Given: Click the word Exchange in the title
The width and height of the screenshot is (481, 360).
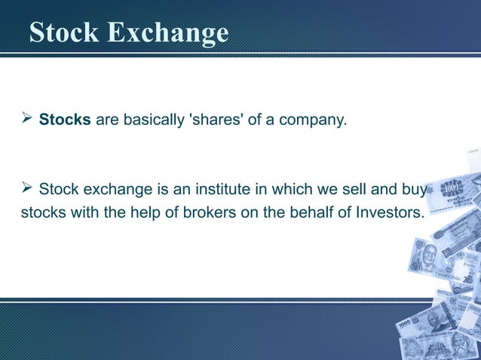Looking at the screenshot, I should [168, 34].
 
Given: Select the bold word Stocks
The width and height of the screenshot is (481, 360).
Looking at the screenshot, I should [65, 120].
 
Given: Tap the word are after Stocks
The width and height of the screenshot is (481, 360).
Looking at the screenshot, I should [107, 120].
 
